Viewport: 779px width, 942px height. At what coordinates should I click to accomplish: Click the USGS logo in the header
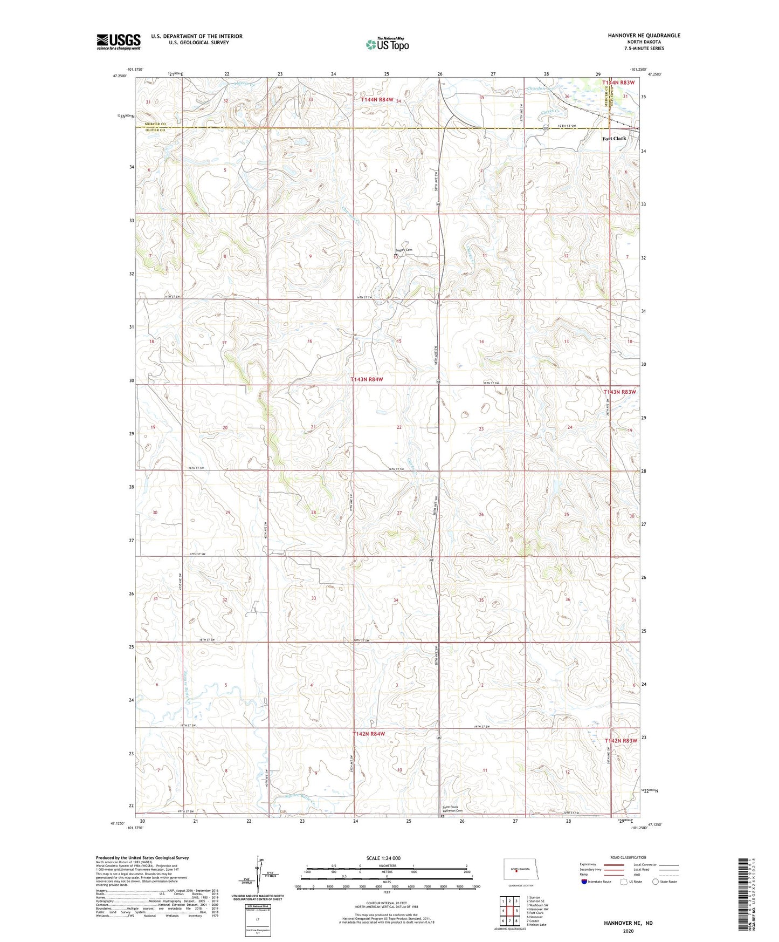point(118,42)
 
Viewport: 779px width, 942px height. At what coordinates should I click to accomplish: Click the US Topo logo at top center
point(387,44)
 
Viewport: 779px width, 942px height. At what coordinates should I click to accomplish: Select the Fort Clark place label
point(614,139)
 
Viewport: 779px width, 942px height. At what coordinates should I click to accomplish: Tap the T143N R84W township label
point(367,379)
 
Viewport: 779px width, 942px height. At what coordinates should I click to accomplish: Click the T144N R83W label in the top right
point(618,83)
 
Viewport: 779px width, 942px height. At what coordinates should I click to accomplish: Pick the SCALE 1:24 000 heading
point(383,858)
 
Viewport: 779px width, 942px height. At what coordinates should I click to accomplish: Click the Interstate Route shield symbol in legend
point(584,882)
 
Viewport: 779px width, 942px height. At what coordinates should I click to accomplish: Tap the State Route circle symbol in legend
point(656,882)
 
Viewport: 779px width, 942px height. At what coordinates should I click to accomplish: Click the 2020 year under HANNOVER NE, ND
point(628,931)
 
